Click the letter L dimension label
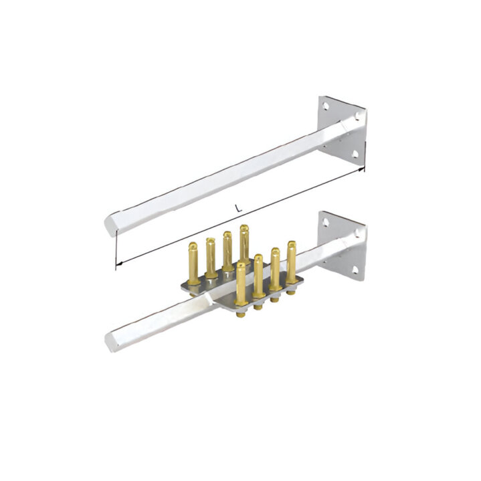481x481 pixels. click(x=238, y=208)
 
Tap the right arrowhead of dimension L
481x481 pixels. click(x=362, y=169)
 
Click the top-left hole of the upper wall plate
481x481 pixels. click(x=326, y=106)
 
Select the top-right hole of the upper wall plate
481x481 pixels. click(x=357, y=116)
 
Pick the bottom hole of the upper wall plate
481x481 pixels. click(x=355, y=154)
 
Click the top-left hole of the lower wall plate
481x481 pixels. click(x=326, y=221)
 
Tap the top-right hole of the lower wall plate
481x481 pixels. click(x=357, y=233)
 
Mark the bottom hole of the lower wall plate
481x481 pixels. click(x=355, y=270)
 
